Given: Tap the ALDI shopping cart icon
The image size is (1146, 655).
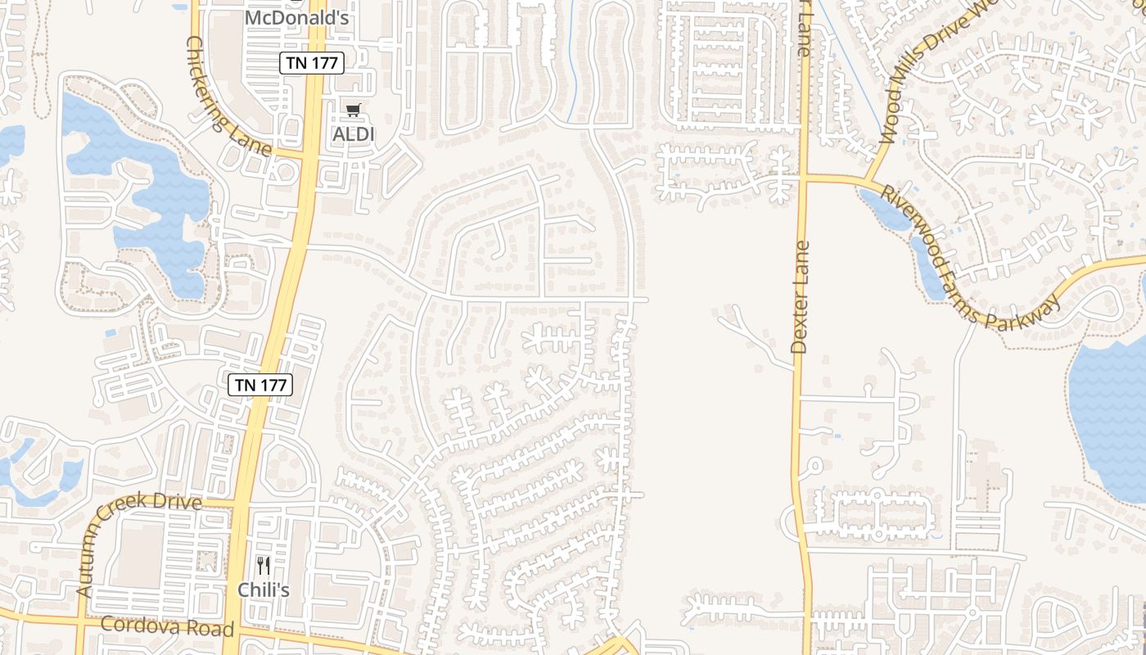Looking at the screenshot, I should (353, 110).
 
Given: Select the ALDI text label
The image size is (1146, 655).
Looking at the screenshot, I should (353, 133).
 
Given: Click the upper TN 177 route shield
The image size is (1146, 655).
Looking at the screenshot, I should (311, 63).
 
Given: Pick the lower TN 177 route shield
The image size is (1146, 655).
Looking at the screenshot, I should (260, 384).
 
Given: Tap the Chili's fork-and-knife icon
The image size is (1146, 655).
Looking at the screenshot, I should (263, 566).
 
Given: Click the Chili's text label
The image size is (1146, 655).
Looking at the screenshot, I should (263, 589).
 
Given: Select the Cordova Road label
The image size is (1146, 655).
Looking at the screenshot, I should (167, 628).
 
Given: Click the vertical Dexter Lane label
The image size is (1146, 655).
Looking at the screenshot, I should (800, 296).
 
